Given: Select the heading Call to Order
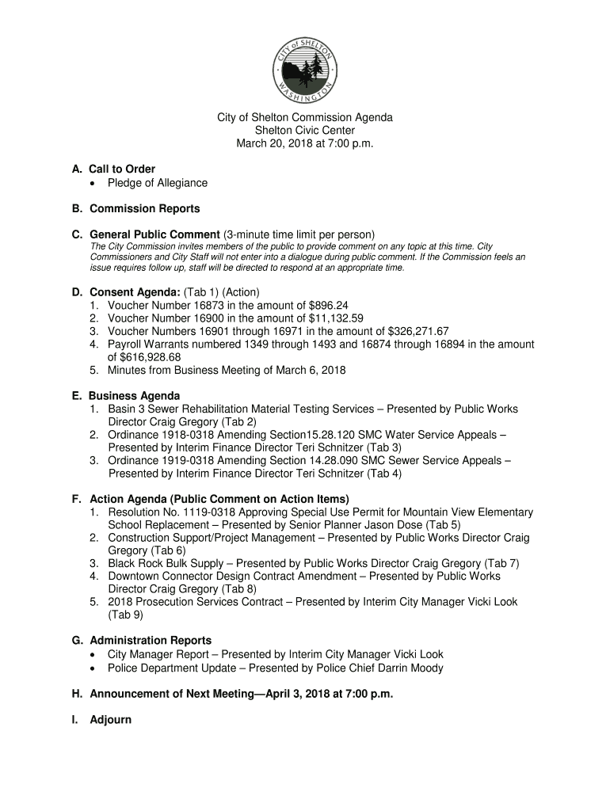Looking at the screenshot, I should coord(122,169).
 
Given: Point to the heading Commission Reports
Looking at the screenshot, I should coord(144,209).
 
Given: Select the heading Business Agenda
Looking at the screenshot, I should coord(134,395).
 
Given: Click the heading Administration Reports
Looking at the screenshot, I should coord(151,640).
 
